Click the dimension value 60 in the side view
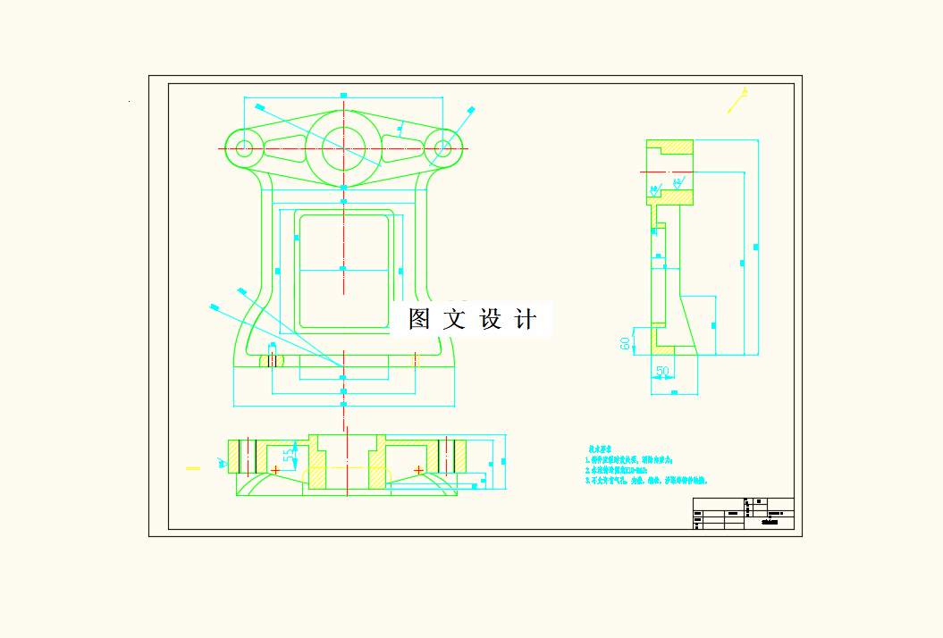(x=626, y=340)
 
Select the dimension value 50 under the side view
(x=662, y=371)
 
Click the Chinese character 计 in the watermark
(x=526, y=319)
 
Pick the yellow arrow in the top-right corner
(x=737, y=100)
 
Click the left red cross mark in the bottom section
(x=275, y=469)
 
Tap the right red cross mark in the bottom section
(x=418, y=469)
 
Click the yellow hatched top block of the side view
(x=670, y=147)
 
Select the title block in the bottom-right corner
(x=743, y=514)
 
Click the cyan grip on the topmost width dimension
(x=343, y=95)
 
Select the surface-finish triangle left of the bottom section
(x=221, y=462)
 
